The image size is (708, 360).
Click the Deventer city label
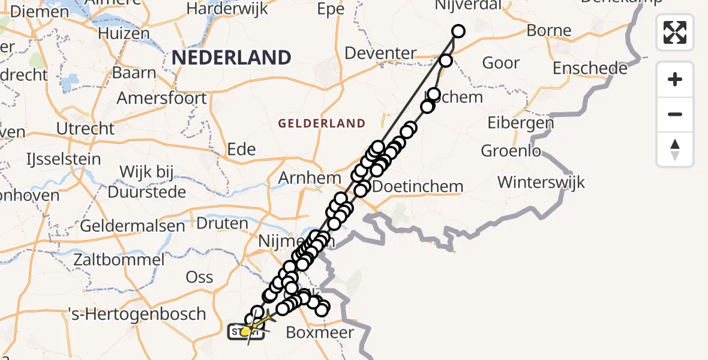click(x=380, y=53)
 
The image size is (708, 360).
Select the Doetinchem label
click(x=418, y=187)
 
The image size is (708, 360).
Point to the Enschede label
click(x=590, y=68)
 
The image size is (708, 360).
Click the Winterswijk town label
click(x=541, y=181)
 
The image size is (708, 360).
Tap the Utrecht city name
click(x=85, y=128)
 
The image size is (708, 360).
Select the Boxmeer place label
click(x=320, y=332)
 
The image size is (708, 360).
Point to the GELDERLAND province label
click(x=322, y=124)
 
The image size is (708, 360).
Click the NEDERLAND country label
click(x=232, y=58)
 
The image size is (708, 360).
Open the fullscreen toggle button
click(x=675, y=32)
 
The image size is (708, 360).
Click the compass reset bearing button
click(x=675, y=149)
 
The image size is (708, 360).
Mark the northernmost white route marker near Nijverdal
click(x=458, y=31)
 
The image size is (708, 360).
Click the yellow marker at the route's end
click(x=245, y=331)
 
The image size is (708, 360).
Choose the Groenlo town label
click(x=511, y=151)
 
